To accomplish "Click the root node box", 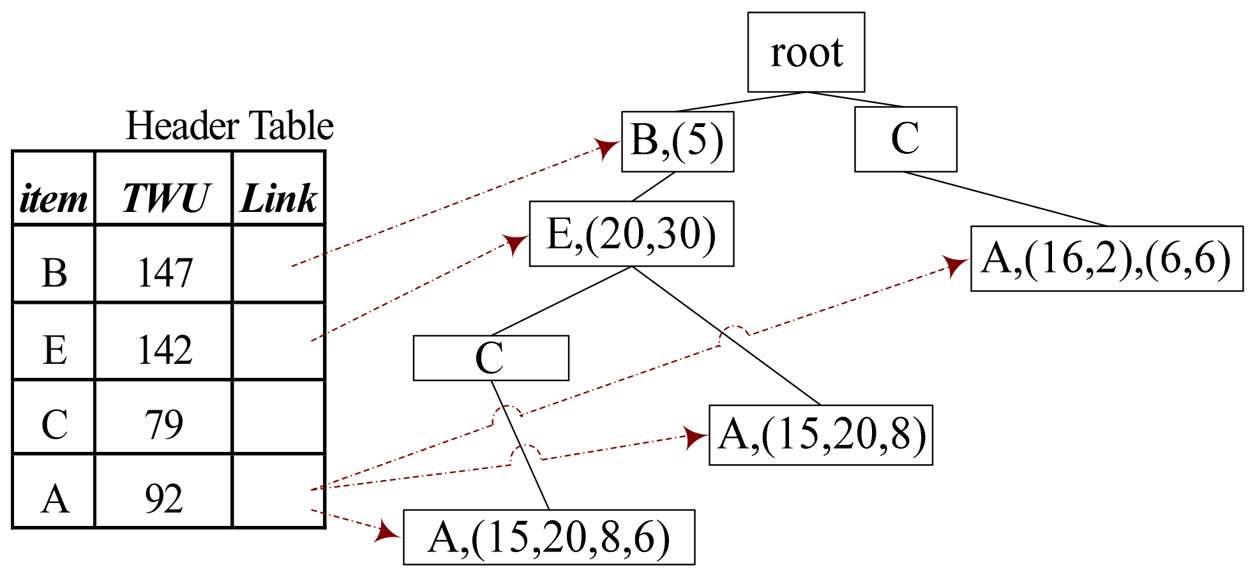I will [x=806, y=52].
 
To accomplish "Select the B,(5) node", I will [x=677, y=141].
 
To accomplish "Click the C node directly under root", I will [x=905, y=139].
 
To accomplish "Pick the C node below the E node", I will [x=490, y=357].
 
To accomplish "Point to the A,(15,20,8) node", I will [x=821, y=435].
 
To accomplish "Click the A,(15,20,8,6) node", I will [x=549, y=537].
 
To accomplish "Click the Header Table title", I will [x=229, y=125].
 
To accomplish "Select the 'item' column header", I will [x=54, y=199].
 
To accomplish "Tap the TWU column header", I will [x=165, y=198].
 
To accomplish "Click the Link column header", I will [x=279, y=198].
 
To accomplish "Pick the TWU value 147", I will [x=165, y=273].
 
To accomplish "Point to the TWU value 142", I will [x=165, y=350].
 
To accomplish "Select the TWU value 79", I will [x=164, y=424].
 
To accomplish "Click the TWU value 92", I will [x=164, y=498].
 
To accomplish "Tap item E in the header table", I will [x=55, y=350].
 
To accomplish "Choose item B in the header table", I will [x=54, y=273].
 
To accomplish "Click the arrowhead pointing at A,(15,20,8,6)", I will [x=387, y=531].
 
